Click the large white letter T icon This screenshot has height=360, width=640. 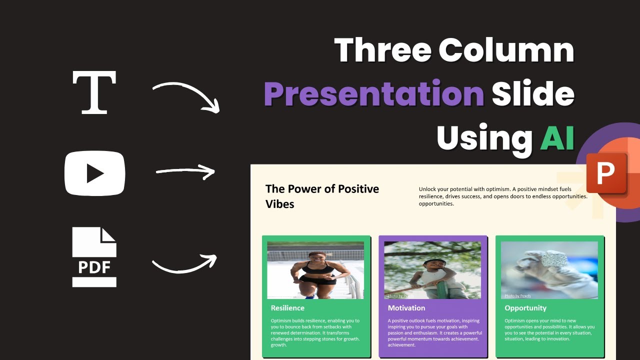tap(94, 92)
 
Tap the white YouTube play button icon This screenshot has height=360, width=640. tap(94, 173)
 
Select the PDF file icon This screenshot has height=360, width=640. tap(94, 257)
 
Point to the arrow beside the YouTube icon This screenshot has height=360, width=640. tap(185, 172)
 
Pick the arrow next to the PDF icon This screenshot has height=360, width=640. tap(184, 263)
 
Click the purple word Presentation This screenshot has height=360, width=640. tap(373, 94)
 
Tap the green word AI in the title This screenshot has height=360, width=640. tap(556, 137)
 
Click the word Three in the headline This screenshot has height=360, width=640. tap(383, 50)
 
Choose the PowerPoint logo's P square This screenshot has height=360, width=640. tap(606, 173)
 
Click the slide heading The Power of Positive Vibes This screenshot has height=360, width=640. tap(322, 196)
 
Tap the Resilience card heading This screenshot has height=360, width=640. tap(287, 308)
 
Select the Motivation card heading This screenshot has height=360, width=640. tap(406, 308)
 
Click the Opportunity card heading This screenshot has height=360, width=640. tap(525, 308)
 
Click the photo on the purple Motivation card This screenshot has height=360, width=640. tap(432, 270)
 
